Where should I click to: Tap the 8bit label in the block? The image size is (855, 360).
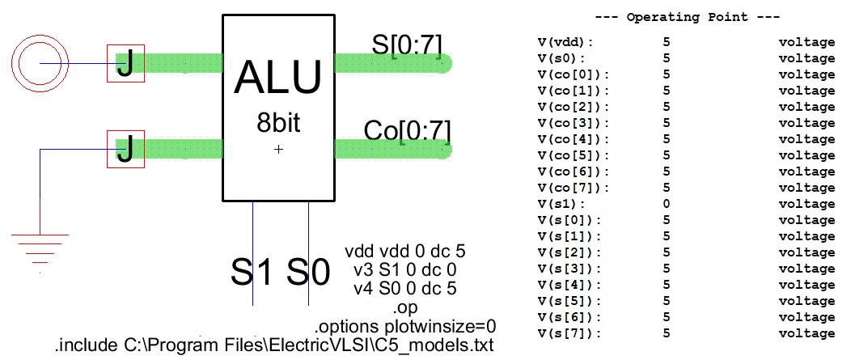pyautogui.click(x=277, y=125)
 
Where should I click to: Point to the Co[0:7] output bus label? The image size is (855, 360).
pyautogui.click(x=407, y=130)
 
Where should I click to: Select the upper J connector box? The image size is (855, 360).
pyautogui.click(x=125, y=63)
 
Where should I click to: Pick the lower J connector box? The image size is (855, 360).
pyautogui.click(x=125, y=150)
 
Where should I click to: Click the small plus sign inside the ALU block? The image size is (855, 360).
pyautogui.click(x=278, y=149)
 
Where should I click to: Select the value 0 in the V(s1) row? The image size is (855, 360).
pyautogui.click(x=666, y=204)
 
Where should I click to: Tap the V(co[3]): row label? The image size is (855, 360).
pyautogui.click(x=572, y=122)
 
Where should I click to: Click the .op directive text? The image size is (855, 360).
pyautogui.click(x=404, y=308)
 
